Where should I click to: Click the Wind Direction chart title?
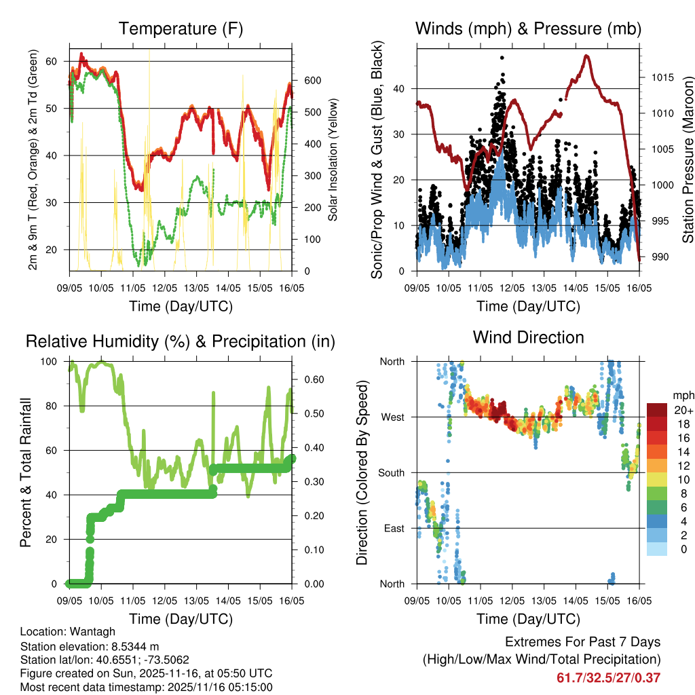(x=528, y=337)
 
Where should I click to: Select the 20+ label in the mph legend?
(x=683, y=410)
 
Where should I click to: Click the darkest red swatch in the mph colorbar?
(x=657, y=410)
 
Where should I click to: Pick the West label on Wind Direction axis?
(x=392, y=417)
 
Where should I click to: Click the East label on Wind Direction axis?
(x=392, y=528)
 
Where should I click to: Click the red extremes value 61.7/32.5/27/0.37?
(x=608, y=677)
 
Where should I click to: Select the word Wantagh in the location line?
(x=85, y=631)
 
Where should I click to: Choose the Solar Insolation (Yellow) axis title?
(x=333, y=160)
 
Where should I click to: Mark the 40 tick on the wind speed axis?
(x=400, y=88)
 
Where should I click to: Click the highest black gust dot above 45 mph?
(x=502, y=58)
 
